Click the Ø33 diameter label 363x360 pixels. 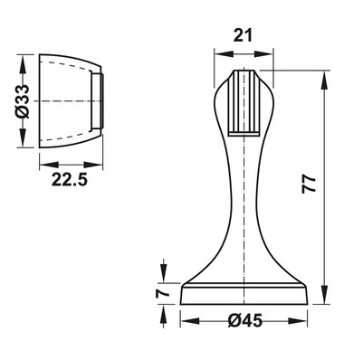click(x=23, y=101)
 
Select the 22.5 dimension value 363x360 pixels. click(x=70, y=180)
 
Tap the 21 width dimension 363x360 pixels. click(x=243, y=36)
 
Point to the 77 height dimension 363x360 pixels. click(x=309, y=185)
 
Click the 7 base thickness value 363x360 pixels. click(x=162, y=293)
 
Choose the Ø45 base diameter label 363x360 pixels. click(x=245, y=320)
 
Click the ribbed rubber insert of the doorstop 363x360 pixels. click(x=244, y=103)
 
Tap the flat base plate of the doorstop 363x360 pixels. click(x=244, y=294)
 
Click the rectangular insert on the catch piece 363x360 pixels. click(x=97, y=101)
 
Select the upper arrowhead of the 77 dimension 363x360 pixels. click(x=325, y=81)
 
